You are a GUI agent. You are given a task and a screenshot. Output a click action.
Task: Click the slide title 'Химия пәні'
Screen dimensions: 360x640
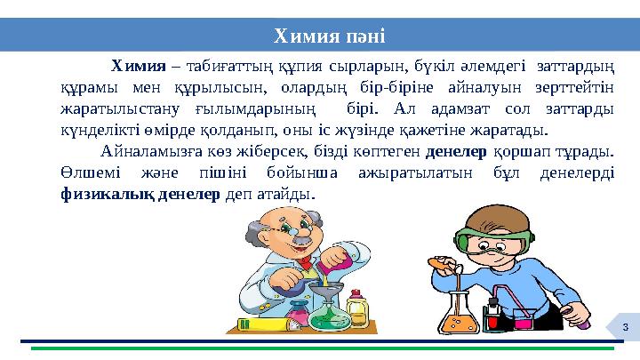pos(328,36)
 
